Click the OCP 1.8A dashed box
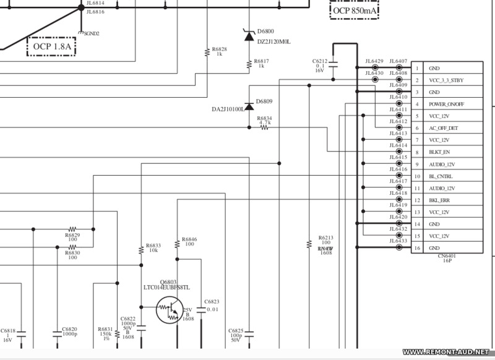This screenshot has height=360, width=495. (x=51, y=45)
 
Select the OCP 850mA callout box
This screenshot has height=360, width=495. (x=354, y=11)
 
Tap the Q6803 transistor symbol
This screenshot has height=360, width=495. (x=170, y=309)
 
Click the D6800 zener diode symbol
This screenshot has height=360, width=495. (x=249, y=36)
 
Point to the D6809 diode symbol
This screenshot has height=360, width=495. (x=249, y=106)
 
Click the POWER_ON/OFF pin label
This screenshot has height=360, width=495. (x=447, y=104)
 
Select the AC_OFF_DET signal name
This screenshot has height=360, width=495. (x=444, y=128)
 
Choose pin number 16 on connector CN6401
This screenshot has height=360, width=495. (x=418, y=248)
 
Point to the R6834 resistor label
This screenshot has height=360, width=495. (x=264, y=118)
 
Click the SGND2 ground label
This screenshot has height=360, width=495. (x=91, y=33)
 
